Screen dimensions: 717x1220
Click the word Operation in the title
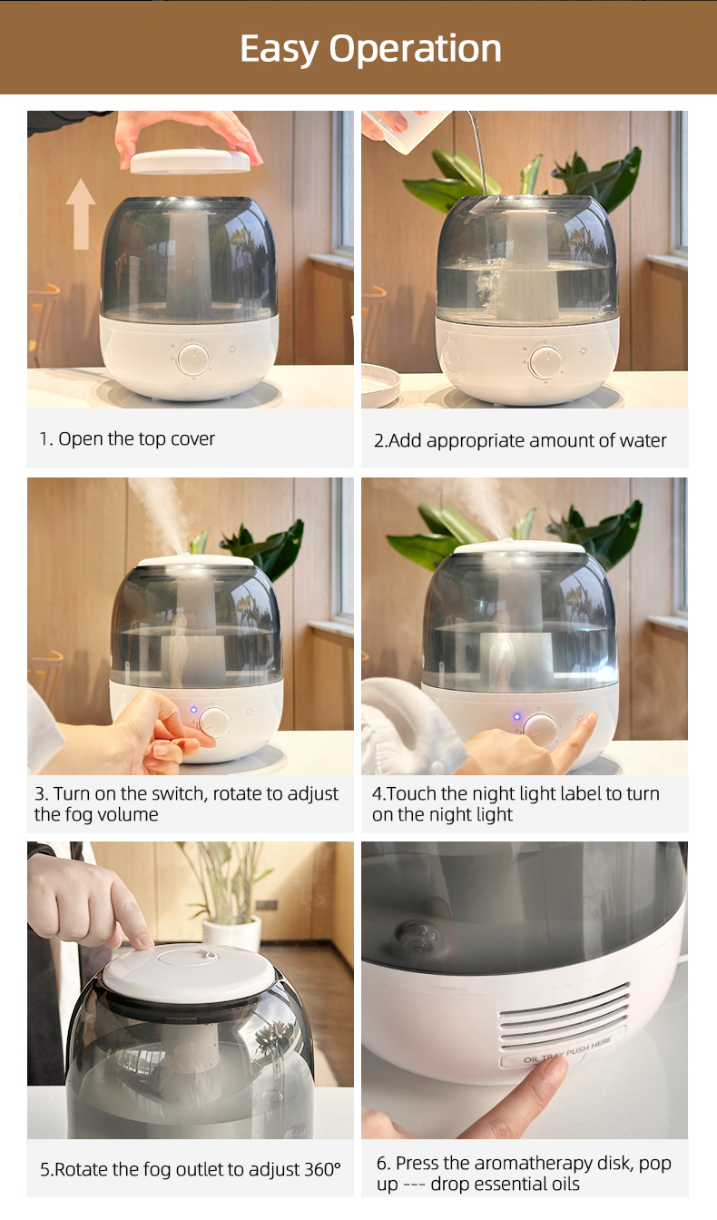tap(414, 50)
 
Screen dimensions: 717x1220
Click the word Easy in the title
tap(280, 50)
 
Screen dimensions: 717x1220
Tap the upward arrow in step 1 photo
tap(81, 214)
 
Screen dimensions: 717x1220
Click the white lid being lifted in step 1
tap(190, 162)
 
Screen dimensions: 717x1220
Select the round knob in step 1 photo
tap(193, 359)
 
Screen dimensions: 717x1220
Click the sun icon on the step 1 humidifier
tap(232, 349)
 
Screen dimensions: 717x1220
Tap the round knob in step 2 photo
tap(545, 362)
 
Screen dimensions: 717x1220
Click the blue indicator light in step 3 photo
tap(193, 710)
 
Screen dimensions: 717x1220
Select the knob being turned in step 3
tap(213, 723)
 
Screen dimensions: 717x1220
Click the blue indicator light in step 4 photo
tap(517, 717)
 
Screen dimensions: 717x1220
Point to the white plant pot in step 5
tap(232, 933)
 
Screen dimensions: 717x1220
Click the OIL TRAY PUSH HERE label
tap(566, 1050)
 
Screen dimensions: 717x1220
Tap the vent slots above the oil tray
tap(565, 1016)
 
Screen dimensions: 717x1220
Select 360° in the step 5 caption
tap(323, 1169)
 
